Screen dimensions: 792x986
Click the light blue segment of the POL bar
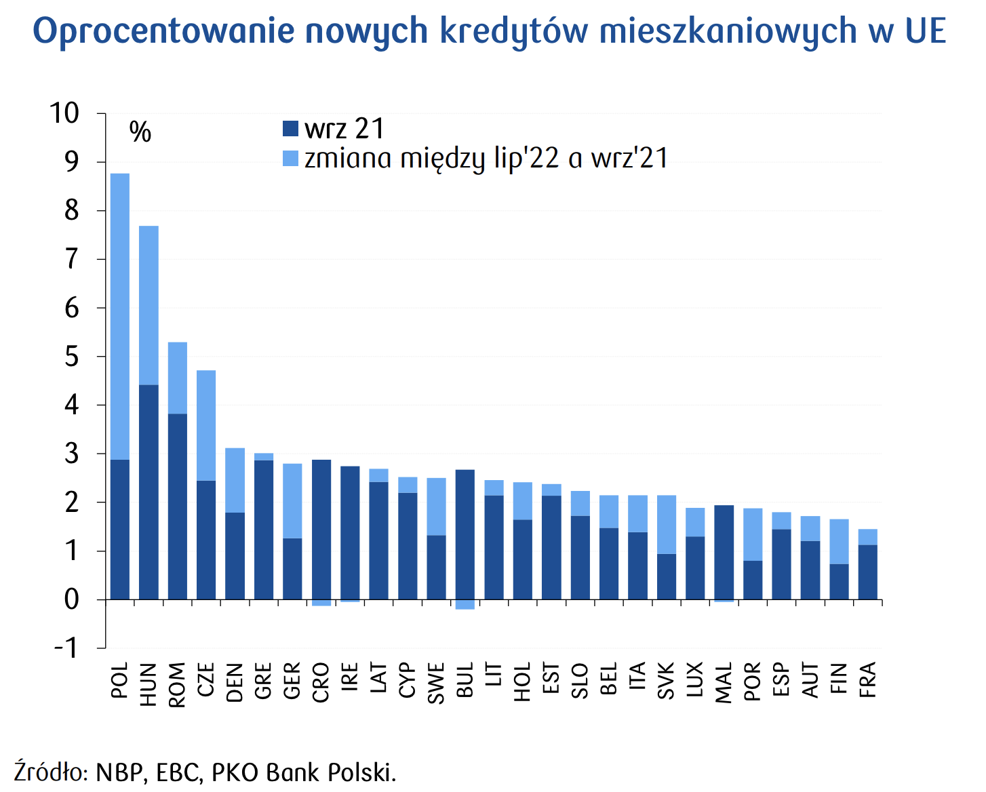120,316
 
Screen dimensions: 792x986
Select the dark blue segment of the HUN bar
149,492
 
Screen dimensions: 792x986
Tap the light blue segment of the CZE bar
206,425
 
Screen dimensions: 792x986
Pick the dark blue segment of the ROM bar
178,506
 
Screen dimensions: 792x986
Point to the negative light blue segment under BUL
465,604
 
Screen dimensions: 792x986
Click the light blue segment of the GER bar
292,500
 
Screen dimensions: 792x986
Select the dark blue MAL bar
724,552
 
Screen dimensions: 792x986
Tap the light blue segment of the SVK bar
667,524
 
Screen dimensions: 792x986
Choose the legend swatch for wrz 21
290,128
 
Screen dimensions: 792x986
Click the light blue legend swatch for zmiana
290,159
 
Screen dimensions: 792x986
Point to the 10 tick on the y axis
64,113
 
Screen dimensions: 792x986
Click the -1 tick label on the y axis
66,648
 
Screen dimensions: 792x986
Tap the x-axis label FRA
868,679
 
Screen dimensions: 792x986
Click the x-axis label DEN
235,682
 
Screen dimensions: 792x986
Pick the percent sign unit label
140,132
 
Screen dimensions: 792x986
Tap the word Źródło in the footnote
48,772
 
